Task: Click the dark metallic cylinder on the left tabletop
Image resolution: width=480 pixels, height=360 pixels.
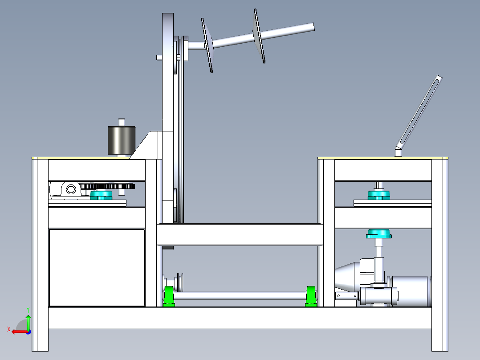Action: (x=122, y=140)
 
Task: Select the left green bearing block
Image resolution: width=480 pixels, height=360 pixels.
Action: (x=169, y=296)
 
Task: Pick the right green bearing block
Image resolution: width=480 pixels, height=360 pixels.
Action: (x=311, y=296)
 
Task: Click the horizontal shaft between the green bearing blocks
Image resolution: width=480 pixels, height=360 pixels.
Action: (x=240, y=296)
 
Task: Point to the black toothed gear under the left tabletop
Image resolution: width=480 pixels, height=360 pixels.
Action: (x=107, y=186)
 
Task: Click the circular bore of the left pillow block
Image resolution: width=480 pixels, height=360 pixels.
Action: (x=71, y=189)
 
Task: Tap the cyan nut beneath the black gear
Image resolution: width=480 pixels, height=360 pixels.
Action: (x=102, y=195)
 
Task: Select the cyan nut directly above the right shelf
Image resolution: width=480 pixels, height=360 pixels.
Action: (x=378, y=195)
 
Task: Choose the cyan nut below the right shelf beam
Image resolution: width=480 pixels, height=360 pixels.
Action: (x=378, y=234)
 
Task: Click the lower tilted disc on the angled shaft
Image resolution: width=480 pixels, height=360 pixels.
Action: (x=207, y=45)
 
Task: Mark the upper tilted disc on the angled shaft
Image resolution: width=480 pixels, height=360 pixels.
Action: (x=259, y=36)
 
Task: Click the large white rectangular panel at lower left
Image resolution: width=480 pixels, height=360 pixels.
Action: (x=97, y=267)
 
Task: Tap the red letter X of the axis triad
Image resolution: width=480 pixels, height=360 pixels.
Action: (x=9, y=329)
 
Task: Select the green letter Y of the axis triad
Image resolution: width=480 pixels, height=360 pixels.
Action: (x=28, y=310)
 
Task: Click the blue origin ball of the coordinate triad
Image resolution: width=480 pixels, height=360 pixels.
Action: (x=28, y=332)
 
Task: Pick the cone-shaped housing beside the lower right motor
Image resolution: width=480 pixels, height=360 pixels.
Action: (x=347, y=277)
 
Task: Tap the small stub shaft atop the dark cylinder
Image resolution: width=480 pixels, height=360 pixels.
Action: (x=122, y=122)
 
